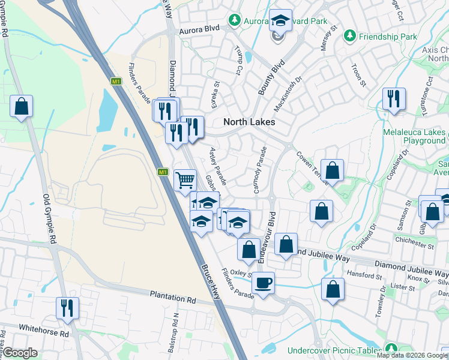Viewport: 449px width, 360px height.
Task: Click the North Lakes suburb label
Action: pyautogui.click(x=249, y=122)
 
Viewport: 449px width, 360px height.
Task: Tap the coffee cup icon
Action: pyautogui.click(x=263, y=282)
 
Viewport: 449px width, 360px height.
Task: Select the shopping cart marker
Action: pyautogui.click(x=185, y=179)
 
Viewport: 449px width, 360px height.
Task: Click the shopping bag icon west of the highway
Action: pyautogui.click(x=21, y=107)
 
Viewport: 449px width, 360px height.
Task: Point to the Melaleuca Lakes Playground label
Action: pyautogui.click(x=415, y=136)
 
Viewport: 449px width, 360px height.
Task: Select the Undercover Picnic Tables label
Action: pyautogui.click(x=334, y=350)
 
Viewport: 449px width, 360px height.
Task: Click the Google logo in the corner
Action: pyautogui.click(x=20, y=353)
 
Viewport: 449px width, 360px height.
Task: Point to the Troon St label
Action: pyautogui.click(x=358, y=75)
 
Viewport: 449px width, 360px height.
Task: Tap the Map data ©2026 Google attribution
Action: pyautogui.click(x=412, y=355)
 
